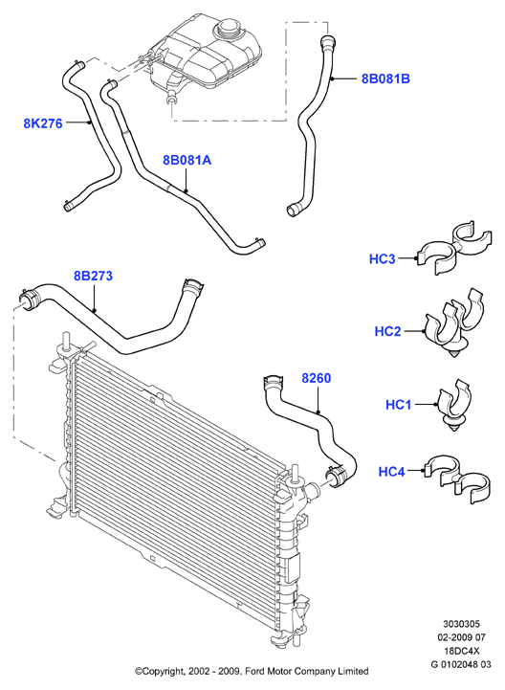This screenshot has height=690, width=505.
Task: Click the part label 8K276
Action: pyautogui.click(x=43, y=123)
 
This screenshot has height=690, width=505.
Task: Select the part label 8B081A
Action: pyautogui.click(x=187, y=160)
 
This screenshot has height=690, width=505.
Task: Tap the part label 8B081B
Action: pyautogui.click(x=385, y=78)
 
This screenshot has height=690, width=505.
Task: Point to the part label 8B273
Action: pyautogui.click(x=94, y=276)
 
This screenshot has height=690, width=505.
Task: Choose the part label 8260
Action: pyautogui.click(x=317, y=378)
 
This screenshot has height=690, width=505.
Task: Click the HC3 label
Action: pyautogui.click(x=382, y=258)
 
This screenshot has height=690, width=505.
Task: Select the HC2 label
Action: pyautogui.click(x=387, y=331)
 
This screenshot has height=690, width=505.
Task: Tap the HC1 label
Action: pyautogui.click(x=398, y=404)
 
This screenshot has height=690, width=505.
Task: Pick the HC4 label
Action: pyautogui.click(x=391, y=472)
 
